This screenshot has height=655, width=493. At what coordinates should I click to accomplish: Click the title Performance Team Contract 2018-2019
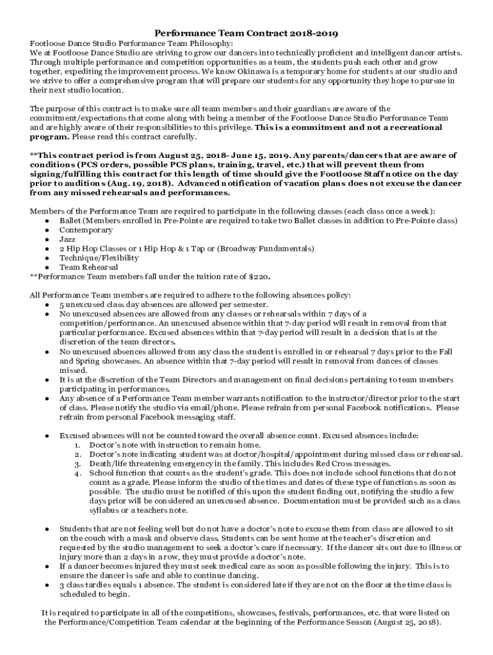(247, 33)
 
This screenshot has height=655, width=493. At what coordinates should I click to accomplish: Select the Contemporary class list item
(86, 230)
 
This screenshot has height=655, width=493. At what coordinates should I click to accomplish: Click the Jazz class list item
(67, 239)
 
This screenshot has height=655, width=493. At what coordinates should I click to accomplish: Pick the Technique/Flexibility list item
(99, 258)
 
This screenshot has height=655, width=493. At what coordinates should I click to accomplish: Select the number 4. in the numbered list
(77, 473)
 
